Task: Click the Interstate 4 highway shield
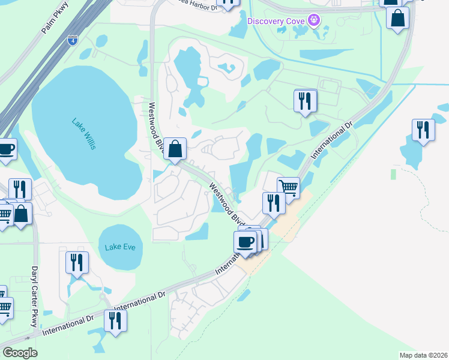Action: coord(73,40)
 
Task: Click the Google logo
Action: coord(19,353)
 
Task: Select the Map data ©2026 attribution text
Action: coord(423,355)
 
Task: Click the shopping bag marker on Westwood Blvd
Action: coord(175,149)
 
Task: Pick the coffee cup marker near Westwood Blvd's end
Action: coord(246,242)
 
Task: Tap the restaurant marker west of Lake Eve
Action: coord(77,262)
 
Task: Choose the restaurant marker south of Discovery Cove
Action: coord(306,100)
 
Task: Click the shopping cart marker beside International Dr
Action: coord(288,188)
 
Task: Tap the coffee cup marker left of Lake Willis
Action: coord(6,149)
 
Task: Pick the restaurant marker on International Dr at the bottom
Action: coord(115,320)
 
